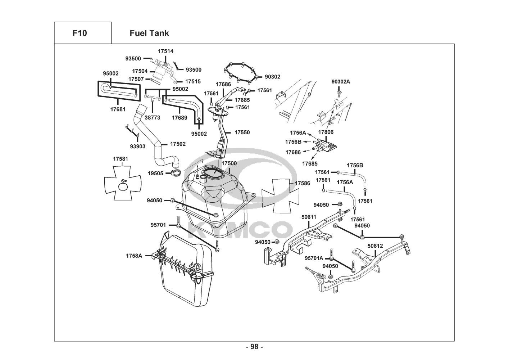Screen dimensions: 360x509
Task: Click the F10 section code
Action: [x=79, y=33]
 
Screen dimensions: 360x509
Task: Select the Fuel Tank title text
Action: [x=149, y=33]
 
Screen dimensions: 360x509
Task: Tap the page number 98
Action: [x=254, y=347]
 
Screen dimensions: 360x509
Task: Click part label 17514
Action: [x=165, y=51]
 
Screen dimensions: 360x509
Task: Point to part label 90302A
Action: [x=341, y=82]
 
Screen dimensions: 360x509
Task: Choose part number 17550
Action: [x=242, y=132]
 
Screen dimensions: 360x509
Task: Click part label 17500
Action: [x=229, y=163]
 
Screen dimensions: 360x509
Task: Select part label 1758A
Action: [x=134, y=256]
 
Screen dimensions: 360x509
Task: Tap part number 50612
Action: [x=375, y=246]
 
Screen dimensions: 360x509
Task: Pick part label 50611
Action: [x=309, y=217]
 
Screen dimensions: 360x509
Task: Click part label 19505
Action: [x=155, y=173]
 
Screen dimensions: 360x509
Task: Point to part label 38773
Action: [x=153, y=117]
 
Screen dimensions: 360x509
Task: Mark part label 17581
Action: [x=121, y=158]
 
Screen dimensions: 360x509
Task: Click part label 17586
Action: [x=302, y=183]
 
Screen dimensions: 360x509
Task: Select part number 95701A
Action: [x=314, y=258]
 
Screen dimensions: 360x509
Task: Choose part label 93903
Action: [x=138, y=147]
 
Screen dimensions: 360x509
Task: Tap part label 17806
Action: [x=326, y=132]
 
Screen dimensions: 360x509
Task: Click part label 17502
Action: [x=178, y=144]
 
